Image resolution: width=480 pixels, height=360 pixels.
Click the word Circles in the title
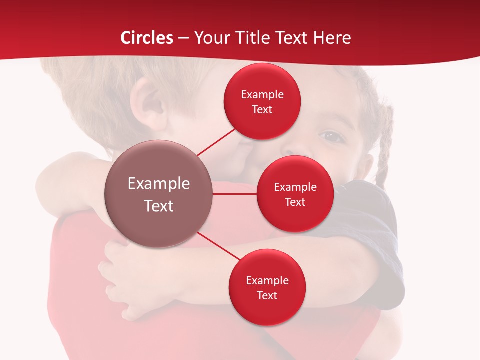click(147, 38)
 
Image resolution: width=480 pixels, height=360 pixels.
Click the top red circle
click(262, 101)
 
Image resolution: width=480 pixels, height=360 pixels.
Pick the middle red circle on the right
click(295, 194)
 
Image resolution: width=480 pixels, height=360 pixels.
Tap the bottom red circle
click(267, 287)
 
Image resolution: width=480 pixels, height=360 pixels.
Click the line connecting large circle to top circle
click(216, 142)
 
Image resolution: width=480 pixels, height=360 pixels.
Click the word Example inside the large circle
click(159, 184)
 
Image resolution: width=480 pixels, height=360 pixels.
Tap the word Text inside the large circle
click(159, 206)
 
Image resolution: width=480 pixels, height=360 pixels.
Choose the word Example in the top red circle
click(262, 94)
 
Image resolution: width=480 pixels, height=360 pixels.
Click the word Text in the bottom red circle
click(267, 295)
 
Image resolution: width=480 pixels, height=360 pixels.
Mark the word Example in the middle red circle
click(295, 187)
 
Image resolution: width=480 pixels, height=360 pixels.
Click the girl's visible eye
click(330, 135)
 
